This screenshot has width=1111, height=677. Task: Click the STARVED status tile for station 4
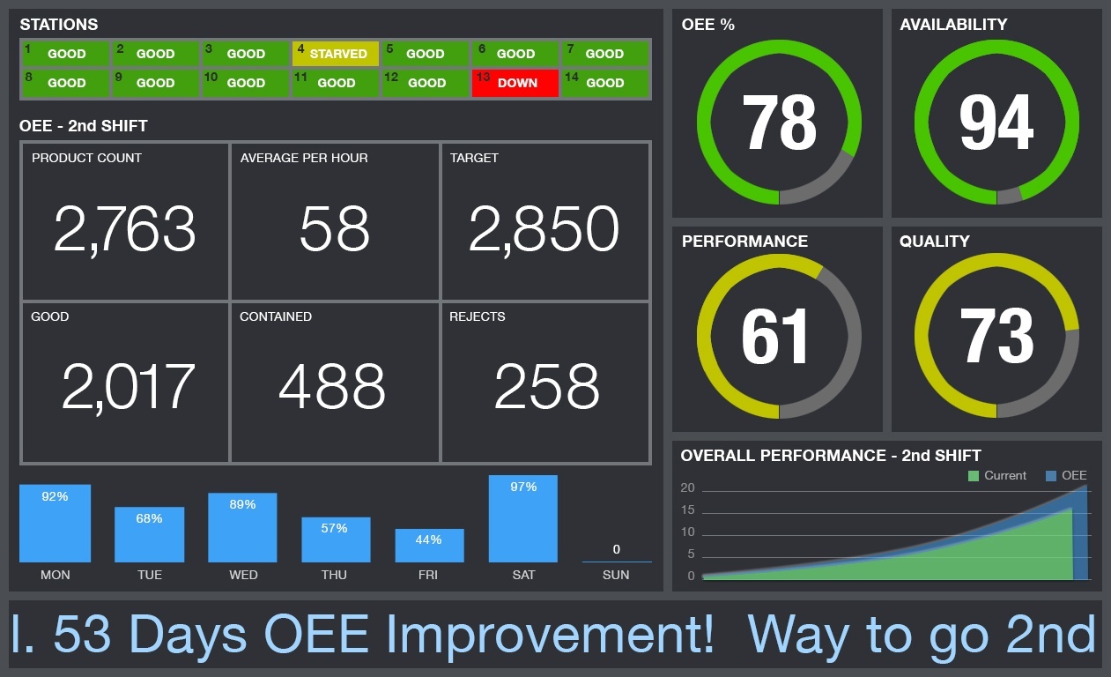(x=336, y=54)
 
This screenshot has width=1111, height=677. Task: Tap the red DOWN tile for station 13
(x=515, y=83)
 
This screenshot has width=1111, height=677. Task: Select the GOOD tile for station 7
(x=606, y=54)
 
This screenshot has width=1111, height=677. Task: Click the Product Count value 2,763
(x=124, y=228)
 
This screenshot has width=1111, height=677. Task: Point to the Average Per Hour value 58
(x=334, y=228)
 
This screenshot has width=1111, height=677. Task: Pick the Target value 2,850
(x=544, y=228)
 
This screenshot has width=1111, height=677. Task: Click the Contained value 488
(x=332, y=386)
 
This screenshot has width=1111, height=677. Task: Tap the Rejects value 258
(x=546, y=386)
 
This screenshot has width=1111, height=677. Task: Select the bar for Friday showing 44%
(x=429, y=546)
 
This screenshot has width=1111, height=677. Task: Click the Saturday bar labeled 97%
(x=523, y=518)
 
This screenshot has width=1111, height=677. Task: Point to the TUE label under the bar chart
(x=150, y=575)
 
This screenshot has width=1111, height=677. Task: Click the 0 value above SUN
(x=616, y=549)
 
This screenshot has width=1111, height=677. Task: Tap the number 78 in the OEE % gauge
(x=779, y=123)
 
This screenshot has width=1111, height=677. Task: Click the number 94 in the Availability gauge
(x=996, y=123)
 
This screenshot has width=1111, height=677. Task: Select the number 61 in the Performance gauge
(x=775, y=336)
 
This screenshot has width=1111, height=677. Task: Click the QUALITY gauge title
(x=935, y=242)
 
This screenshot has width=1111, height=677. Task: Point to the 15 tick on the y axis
(x=687, y=510)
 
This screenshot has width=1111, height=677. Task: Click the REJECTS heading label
(x=478, y=316)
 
